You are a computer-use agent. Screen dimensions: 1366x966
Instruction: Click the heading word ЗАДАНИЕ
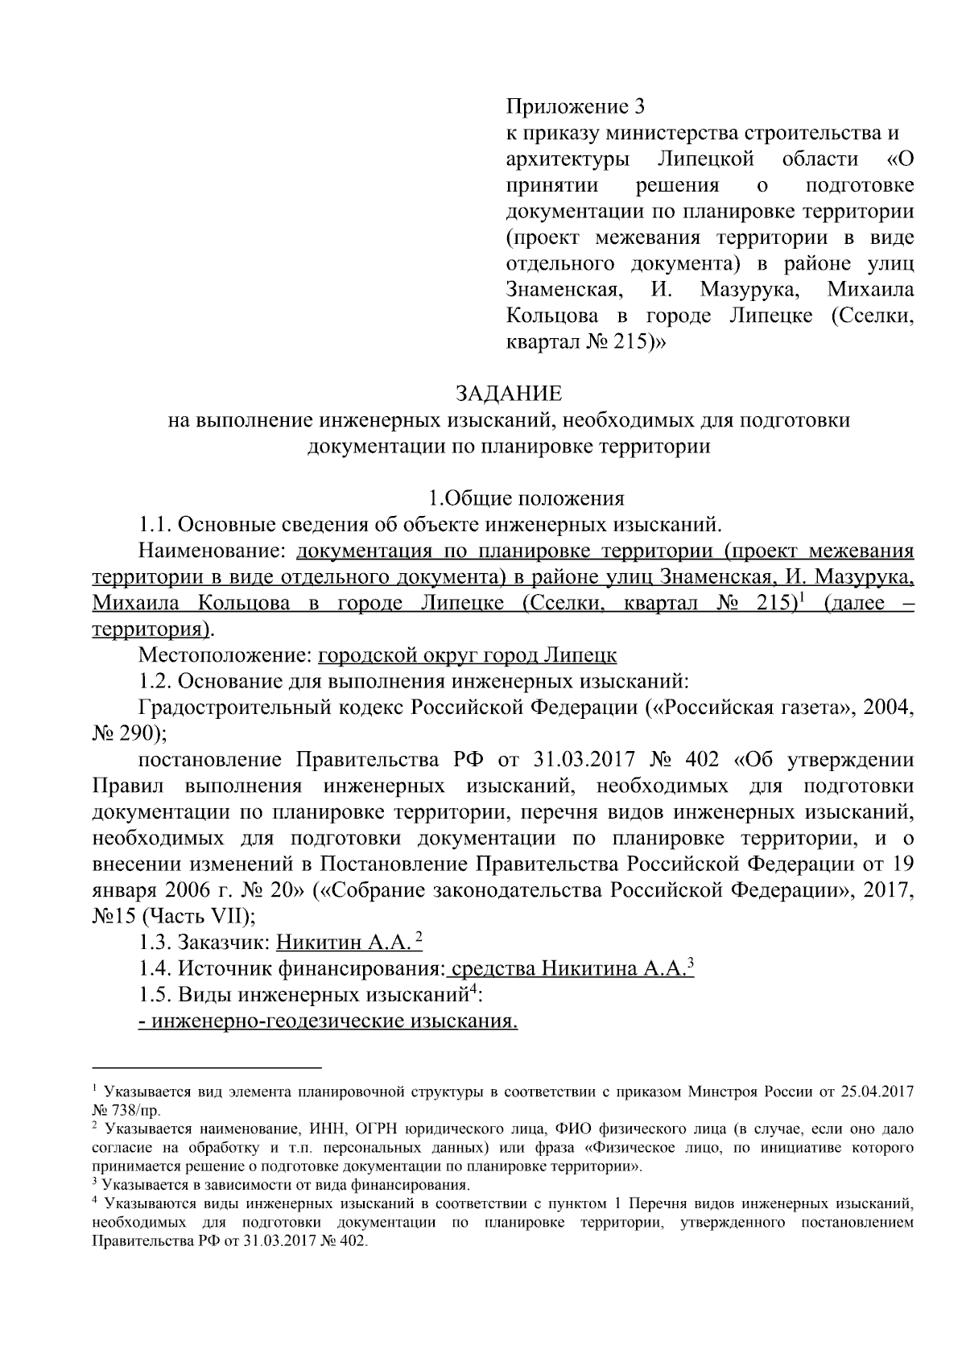point(509,394)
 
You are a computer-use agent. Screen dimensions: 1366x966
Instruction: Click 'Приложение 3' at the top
point(576,106)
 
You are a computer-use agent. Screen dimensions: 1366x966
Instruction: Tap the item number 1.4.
point(155,968)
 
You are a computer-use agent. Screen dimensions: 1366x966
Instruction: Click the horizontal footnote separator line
point(207,1067)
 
